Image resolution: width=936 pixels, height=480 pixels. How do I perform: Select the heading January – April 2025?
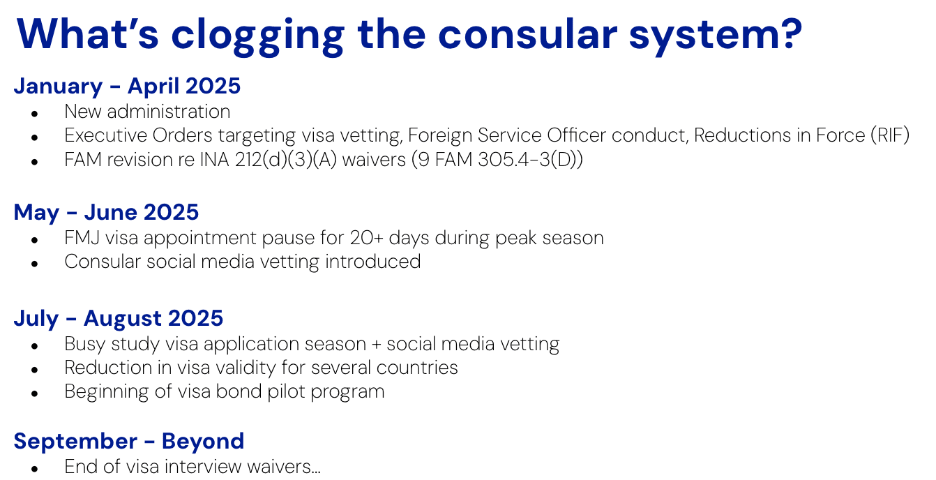pos(127,86)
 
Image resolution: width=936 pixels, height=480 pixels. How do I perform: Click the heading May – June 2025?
pos(106,212)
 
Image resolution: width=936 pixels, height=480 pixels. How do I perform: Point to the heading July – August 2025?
pos(119,319)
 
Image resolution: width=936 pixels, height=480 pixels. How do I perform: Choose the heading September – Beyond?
pos(129,441)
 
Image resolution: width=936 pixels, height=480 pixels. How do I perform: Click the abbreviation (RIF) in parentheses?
pos(890,135)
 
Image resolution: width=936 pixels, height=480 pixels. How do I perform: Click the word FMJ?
pos(82,238)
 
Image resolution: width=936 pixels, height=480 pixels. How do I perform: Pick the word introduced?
pos(372,262)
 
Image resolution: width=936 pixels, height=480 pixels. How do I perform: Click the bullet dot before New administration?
pos(35,114)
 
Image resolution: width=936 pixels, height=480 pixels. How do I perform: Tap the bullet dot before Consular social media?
pos(35,264)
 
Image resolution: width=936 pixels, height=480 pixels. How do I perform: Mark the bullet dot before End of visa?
pos(35,469)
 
